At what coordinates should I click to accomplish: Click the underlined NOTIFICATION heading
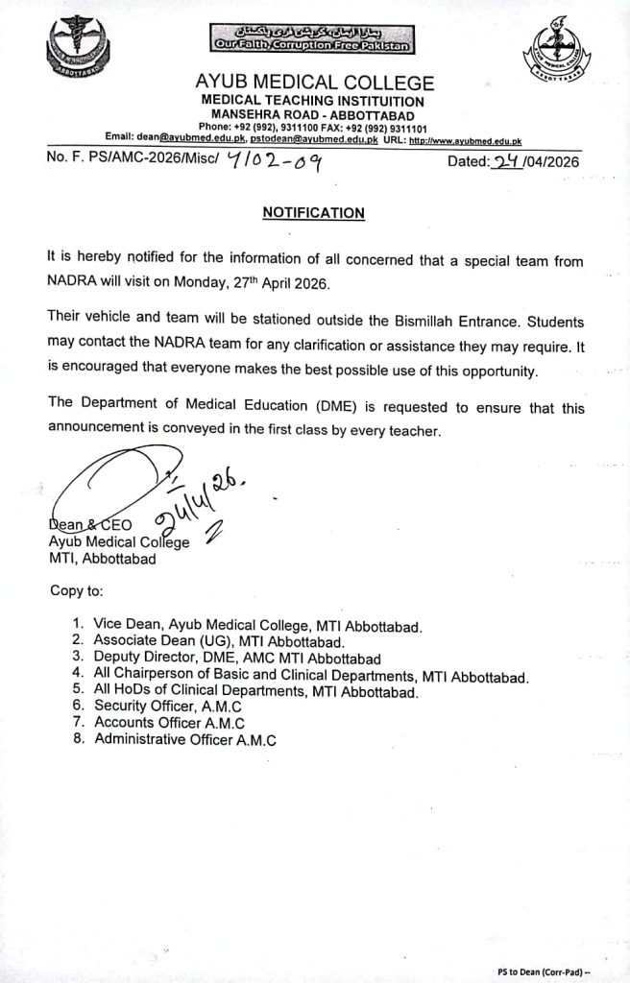(x=314, y=213)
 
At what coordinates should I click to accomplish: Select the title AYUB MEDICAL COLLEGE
(x=314, y=84)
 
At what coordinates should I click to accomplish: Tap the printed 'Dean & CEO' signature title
(x=90, y=525)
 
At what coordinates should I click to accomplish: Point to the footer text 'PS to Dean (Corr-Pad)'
(x=556, y=971)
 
